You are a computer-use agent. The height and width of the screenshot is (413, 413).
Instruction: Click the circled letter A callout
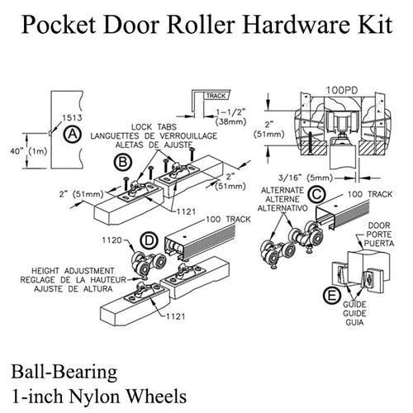coord(74,134)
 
